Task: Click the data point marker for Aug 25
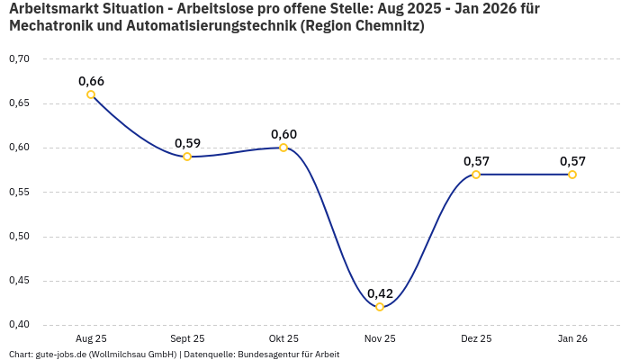coord(91,94)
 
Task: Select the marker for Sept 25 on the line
coord(187,157)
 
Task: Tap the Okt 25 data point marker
coord(283,148)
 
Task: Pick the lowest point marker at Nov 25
coord(380,307)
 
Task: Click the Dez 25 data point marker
coord(476,175)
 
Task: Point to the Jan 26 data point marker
coord(572,175)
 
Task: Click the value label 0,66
coord(91,81)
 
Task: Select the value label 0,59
coord(187,143)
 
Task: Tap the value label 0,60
coord(283,134)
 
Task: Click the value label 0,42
coord(380,293)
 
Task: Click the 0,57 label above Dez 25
coord(476,161)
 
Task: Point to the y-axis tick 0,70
coord(19,59)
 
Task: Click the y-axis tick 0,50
coord(19,237)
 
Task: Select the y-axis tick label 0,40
coord(19,325)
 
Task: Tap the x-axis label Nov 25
coord(380,338)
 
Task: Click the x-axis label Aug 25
coord(91,338)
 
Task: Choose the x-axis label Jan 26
coord(572,338)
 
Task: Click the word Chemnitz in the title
coord(382,26)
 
